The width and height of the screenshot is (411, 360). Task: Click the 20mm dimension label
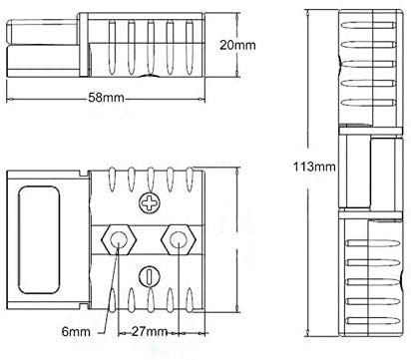tap(237, 45)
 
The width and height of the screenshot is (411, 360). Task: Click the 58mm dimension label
tap(106, 98)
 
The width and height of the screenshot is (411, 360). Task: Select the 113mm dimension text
tap(314, 167)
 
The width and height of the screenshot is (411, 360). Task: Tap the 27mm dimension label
tap(150, 331)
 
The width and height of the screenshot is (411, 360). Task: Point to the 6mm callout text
tap(76, 331)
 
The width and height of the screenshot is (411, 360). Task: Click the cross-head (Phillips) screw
tap(150, 203)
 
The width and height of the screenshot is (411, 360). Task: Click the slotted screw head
tap(149, 276)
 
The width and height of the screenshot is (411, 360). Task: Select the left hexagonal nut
tap(119, 239)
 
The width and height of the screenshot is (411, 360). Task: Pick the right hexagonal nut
tap(179, 239)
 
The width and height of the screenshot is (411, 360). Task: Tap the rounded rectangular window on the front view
tap(39, 239)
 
